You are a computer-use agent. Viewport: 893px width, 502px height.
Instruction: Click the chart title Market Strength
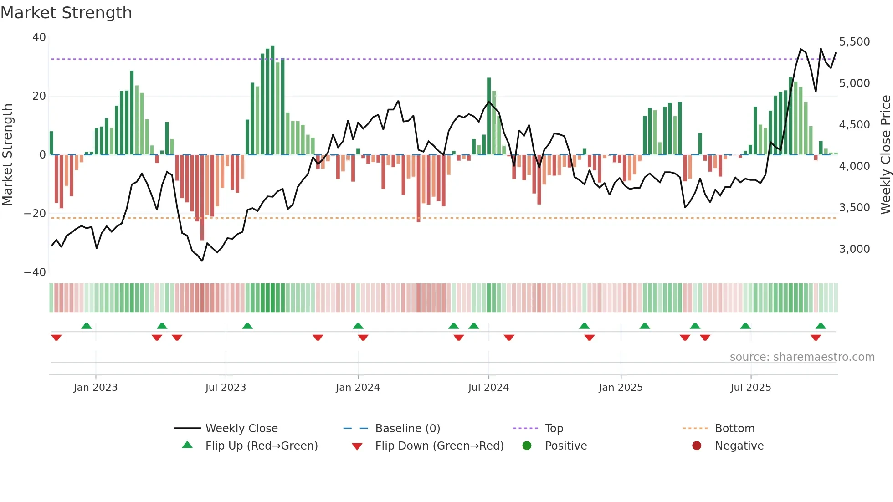point(66,13)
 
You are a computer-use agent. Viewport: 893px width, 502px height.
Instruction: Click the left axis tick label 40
point(39,37)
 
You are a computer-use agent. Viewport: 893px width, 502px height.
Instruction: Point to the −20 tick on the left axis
point(35,214)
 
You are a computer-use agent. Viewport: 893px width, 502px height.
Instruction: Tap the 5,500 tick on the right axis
point(854,42)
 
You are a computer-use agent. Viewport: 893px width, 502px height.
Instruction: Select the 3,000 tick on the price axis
point(854,249)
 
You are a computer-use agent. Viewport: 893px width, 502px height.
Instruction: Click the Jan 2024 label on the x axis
point(358,388)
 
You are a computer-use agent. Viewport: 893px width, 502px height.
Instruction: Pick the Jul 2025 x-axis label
point(750,388)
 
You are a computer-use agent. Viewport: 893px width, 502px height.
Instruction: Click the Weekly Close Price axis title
point(885,155)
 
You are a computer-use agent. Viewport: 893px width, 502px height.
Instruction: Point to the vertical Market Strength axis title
point(7,155)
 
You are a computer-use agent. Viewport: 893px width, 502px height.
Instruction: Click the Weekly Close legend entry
point(241,429)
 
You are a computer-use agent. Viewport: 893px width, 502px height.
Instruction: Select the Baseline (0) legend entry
point(407,429)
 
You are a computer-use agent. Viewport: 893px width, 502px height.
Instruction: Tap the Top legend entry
point(554,429)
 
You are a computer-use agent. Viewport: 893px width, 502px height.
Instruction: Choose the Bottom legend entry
point(734,429)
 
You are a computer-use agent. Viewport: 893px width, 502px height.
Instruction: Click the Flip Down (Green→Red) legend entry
point(439,446)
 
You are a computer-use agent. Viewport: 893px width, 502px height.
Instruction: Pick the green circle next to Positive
point(527,446)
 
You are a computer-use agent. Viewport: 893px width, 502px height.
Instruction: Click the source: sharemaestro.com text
point(802,357)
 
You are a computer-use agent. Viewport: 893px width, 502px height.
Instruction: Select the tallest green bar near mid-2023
point(272,100)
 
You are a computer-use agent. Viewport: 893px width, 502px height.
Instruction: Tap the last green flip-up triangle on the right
point(821,326)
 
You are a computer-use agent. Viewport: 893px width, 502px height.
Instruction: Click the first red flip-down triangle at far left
point(56,338)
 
